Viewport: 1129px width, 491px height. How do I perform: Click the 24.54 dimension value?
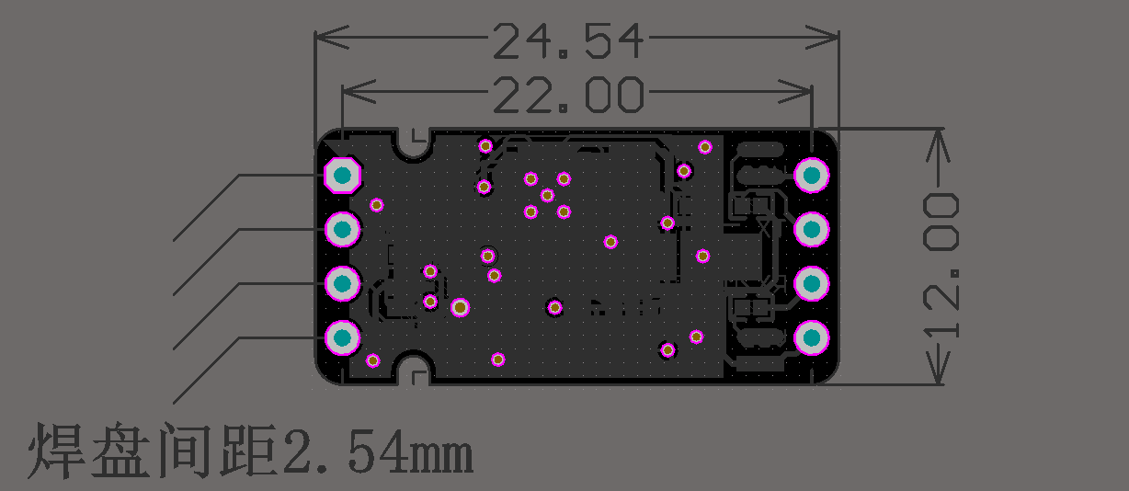pyautogui.click(x=568, y=41)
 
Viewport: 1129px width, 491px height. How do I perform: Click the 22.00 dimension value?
pyautogui.click(x=568, y=95)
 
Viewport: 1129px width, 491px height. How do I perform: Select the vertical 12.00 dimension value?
pyautogui.click(x=941, y=266)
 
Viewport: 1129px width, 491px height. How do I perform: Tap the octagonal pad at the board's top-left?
pyautogui.click(x=343, y=176)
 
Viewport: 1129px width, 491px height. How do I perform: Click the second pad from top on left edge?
pyautogui.click(x=343, y=230)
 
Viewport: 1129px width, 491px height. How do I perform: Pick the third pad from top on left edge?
pyautogui.click(x=343, y=284)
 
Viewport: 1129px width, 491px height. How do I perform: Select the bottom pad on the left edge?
pyautogui.click(x=343, y=337)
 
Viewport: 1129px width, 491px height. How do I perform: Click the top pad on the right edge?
pyautogui.click(x=812, y=176)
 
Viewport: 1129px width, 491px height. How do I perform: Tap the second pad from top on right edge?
pyautogui.click(x=812, y=230)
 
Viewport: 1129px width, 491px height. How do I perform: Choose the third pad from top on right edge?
pyautogui.click(x=812, y=284)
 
